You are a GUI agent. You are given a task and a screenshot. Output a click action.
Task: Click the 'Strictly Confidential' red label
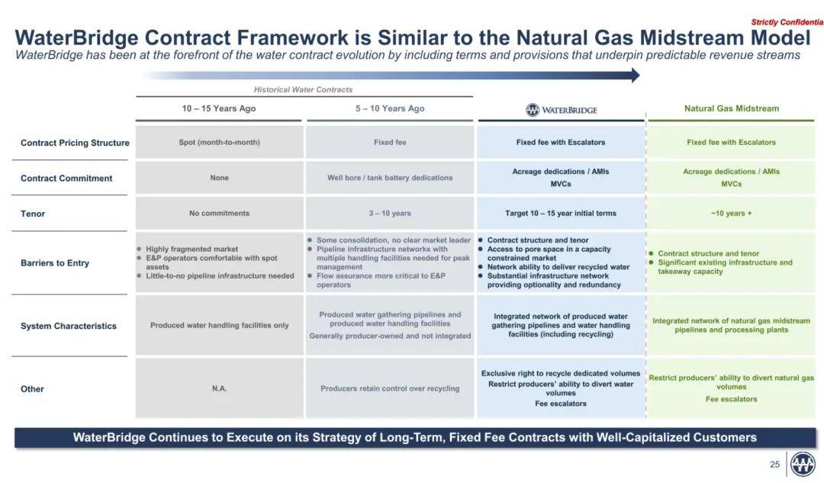click(787, 22)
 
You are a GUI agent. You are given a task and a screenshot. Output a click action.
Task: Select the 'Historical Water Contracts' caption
click(303, 90)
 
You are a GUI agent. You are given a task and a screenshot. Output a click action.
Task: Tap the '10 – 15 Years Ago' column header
click(219, 108)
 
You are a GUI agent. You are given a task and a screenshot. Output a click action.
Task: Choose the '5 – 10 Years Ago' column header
click(390, 108)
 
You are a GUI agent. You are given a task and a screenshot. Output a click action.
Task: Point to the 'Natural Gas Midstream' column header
click(732, 108)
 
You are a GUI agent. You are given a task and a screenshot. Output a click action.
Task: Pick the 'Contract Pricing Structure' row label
click(75, 143)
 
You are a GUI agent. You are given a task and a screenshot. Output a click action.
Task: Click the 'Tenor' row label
click(33, 214)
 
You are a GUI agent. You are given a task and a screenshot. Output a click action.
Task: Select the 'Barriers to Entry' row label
click(55, 262)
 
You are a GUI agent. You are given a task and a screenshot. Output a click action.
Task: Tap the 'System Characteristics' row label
click(69, 326)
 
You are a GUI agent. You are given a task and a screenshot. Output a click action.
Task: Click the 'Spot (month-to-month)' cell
click(219, 143)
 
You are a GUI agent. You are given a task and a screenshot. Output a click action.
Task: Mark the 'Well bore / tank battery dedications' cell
click(390, 178)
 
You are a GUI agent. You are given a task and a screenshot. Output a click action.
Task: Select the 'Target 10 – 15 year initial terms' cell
click(561, 214)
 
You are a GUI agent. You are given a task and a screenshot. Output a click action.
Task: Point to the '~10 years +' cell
click(731, 214)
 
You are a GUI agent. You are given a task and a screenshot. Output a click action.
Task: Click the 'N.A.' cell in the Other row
click(219, 388)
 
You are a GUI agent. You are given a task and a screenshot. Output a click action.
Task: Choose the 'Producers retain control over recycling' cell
click(390, 388)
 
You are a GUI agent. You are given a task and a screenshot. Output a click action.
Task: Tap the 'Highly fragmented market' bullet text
click(192, 249)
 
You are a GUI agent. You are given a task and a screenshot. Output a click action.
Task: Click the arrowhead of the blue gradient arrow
click(636, 75)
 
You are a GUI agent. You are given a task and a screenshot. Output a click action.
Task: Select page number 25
click(774, 465)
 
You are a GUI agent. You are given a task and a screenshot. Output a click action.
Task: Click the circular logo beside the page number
click(803, 465)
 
